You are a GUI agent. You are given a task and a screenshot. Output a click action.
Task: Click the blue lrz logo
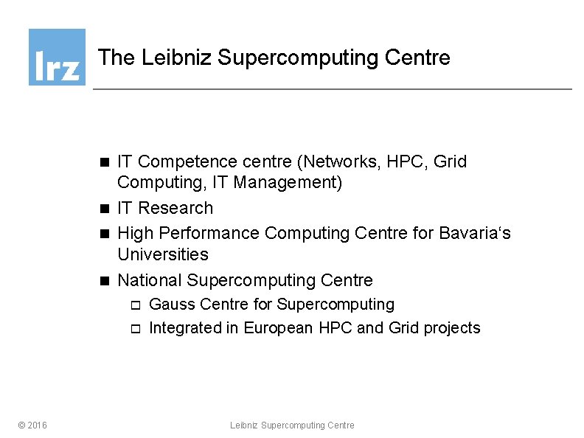pos(57,57)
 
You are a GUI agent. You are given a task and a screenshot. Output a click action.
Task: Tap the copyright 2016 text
pos(32,425)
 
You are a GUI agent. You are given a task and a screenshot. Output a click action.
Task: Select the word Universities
pos(163,254)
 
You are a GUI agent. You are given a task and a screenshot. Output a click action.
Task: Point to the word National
pos(150,280)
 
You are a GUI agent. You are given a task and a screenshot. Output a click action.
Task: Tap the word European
pos(279,328)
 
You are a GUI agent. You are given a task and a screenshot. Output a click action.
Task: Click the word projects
pos(452,328)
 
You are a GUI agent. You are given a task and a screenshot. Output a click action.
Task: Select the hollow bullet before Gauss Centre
pos(134,305)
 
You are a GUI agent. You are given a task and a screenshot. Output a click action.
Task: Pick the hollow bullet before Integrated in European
pos(134,329)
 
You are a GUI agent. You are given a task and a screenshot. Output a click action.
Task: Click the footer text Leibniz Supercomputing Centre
pos(292,425)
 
